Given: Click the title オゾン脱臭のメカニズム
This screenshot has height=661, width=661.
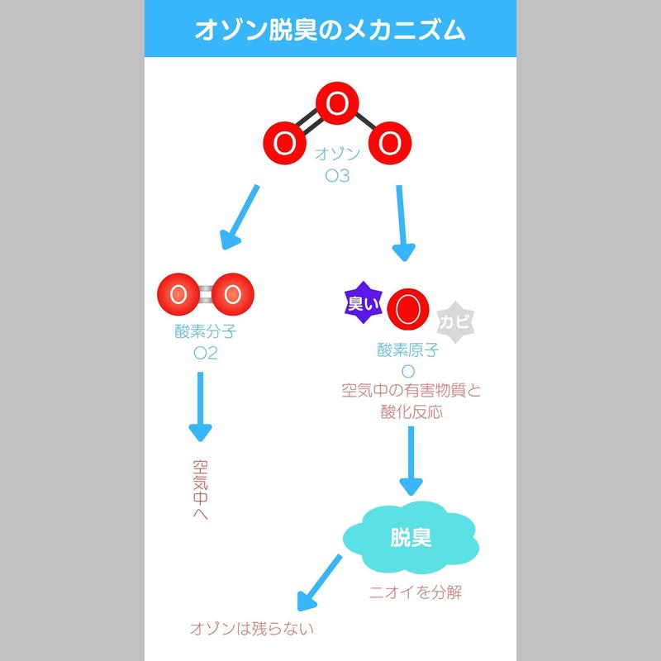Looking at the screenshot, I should point(330,31).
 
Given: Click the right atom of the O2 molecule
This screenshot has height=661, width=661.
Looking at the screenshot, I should point(231,294).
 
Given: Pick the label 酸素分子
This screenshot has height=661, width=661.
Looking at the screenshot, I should point(204,334).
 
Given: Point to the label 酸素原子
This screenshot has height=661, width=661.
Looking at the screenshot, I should point(407,350).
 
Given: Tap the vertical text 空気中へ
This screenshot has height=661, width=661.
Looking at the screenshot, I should point(199,489).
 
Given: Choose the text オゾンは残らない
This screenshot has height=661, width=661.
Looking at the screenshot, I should point(252,629).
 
